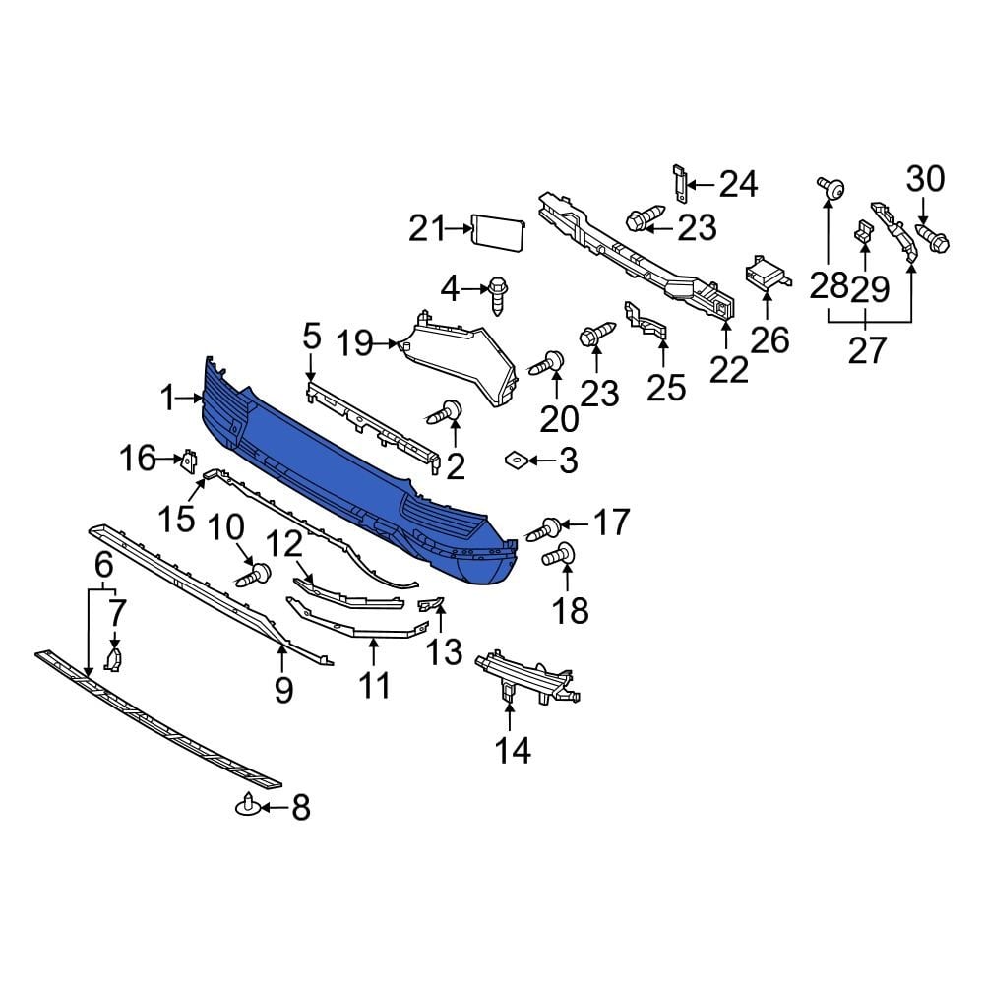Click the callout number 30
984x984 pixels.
tap(924, 179)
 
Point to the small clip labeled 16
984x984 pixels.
tap(189, 460)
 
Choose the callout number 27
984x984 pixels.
tap(867, 349)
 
